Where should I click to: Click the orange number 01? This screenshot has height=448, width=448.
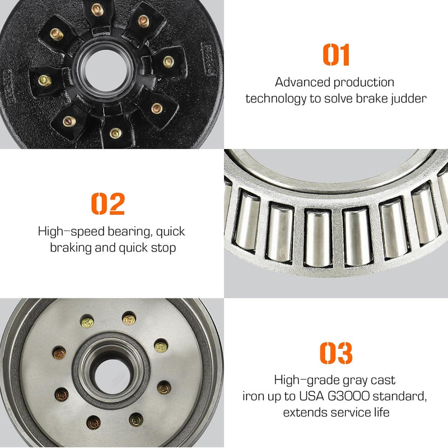click(x=336, y=54)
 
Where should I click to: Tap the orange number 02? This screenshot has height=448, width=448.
click(x=108, y=204)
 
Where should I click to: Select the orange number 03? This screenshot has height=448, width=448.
click(x=336, y=353)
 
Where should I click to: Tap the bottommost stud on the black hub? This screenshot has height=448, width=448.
click(x=115, y=133)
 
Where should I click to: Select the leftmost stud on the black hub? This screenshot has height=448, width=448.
click(x=45, y=81)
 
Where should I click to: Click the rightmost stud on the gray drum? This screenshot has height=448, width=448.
click(x=164, y=387)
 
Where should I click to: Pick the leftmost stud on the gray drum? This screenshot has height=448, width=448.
click(x=59, y=353)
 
